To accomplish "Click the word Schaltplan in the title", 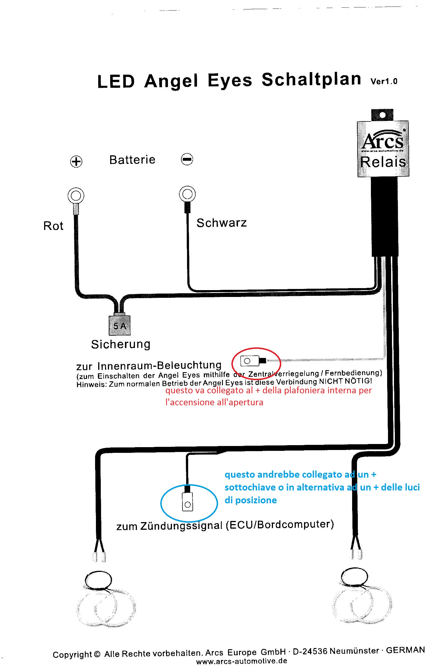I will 311,80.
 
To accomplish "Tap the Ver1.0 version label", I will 384,82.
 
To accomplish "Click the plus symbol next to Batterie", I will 76,162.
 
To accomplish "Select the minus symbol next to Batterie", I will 187,159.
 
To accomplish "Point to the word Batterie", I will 132,160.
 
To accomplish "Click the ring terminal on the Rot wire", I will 76,196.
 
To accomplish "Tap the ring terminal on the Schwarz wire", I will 187,194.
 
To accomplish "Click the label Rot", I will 53,226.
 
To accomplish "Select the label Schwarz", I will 221,223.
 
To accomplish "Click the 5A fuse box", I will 120,325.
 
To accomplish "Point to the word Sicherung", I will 121,344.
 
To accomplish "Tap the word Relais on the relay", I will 383,162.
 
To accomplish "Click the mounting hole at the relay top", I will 382,115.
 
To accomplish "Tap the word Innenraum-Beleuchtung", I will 159,365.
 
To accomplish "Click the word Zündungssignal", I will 181,525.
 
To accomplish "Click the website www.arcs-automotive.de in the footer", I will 241,661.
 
